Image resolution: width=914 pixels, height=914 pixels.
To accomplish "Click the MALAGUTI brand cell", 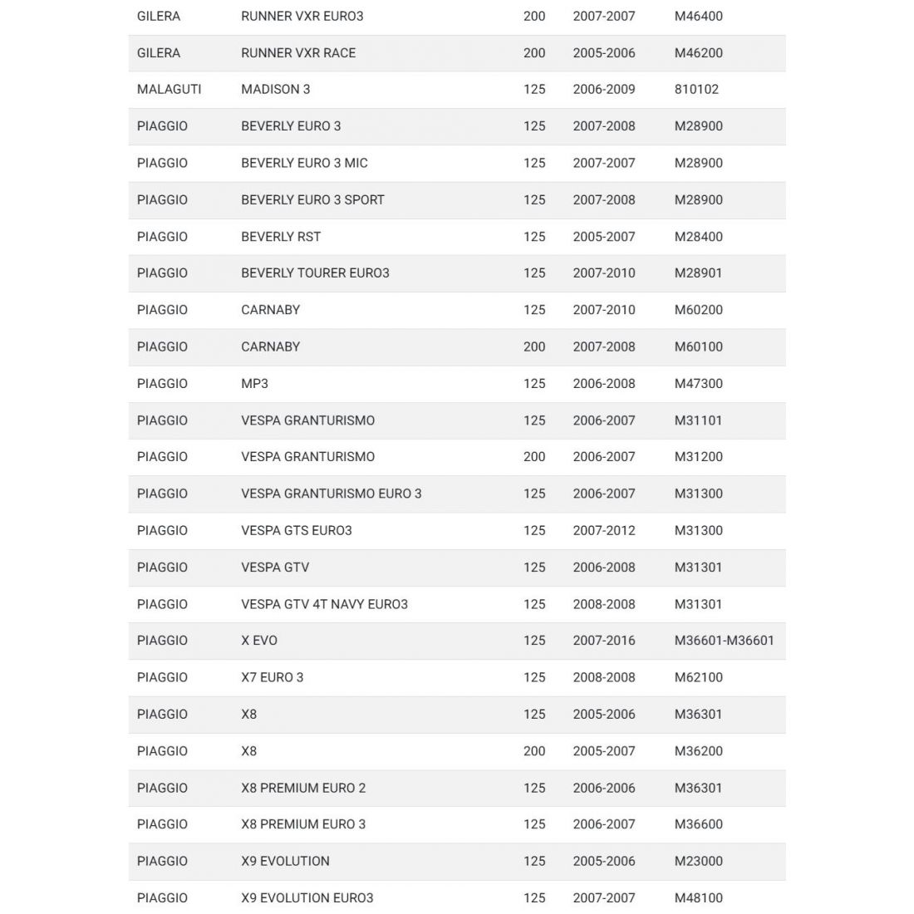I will coord(169,89).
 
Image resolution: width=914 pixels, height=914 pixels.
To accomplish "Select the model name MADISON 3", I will coord(275,89).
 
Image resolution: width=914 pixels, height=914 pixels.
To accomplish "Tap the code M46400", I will coord(698,16).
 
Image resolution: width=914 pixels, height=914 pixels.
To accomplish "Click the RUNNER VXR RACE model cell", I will coord(297,52).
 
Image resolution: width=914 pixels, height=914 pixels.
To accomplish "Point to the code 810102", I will coord(696,89).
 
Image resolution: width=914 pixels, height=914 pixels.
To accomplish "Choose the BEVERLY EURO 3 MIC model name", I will coord(303,163).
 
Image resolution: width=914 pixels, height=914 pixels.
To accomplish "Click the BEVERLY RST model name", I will coord(280,236).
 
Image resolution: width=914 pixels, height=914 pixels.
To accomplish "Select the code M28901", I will coord(698,273).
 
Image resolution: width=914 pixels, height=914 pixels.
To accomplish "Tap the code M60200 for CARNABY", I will coord(698,310).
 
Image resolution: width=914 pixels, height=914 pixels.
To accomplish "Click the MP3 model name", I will coord(254,383).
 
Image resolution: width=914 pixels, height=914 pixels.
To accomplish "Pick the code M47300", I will coord(698,383).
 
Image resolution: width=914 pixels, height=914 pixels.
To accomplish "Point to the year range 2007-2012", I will coord(603,530).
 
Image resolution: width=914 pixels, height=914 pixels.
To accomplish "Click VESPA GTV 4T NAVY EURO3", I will coord(324,604).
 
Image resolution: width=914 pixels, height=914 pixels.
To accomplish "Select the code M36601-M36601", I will coord(724,641).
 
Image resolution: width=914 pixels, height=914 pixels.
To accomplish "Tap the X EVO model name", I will coord(259,641).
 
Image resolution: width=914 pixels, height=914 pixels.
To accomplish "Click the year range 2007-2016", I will coord(603,641).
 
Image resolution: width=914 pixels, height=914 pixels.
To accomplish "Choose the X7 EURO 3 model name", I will coord(272,677).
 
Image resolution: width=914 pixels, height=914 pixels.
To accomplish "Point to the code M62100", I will coord(698,677).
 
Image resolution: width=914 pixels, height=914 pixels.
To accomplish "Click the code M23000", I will coord(698,861).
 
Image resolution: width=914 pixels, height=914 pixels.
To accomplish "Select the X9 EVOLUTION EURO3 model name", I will coord(307,897).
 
